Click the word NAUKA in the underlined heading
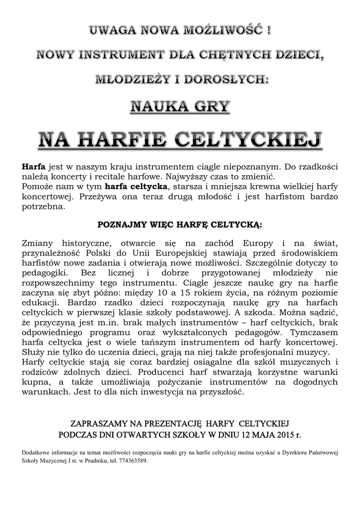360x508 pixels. coord(155,106)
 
